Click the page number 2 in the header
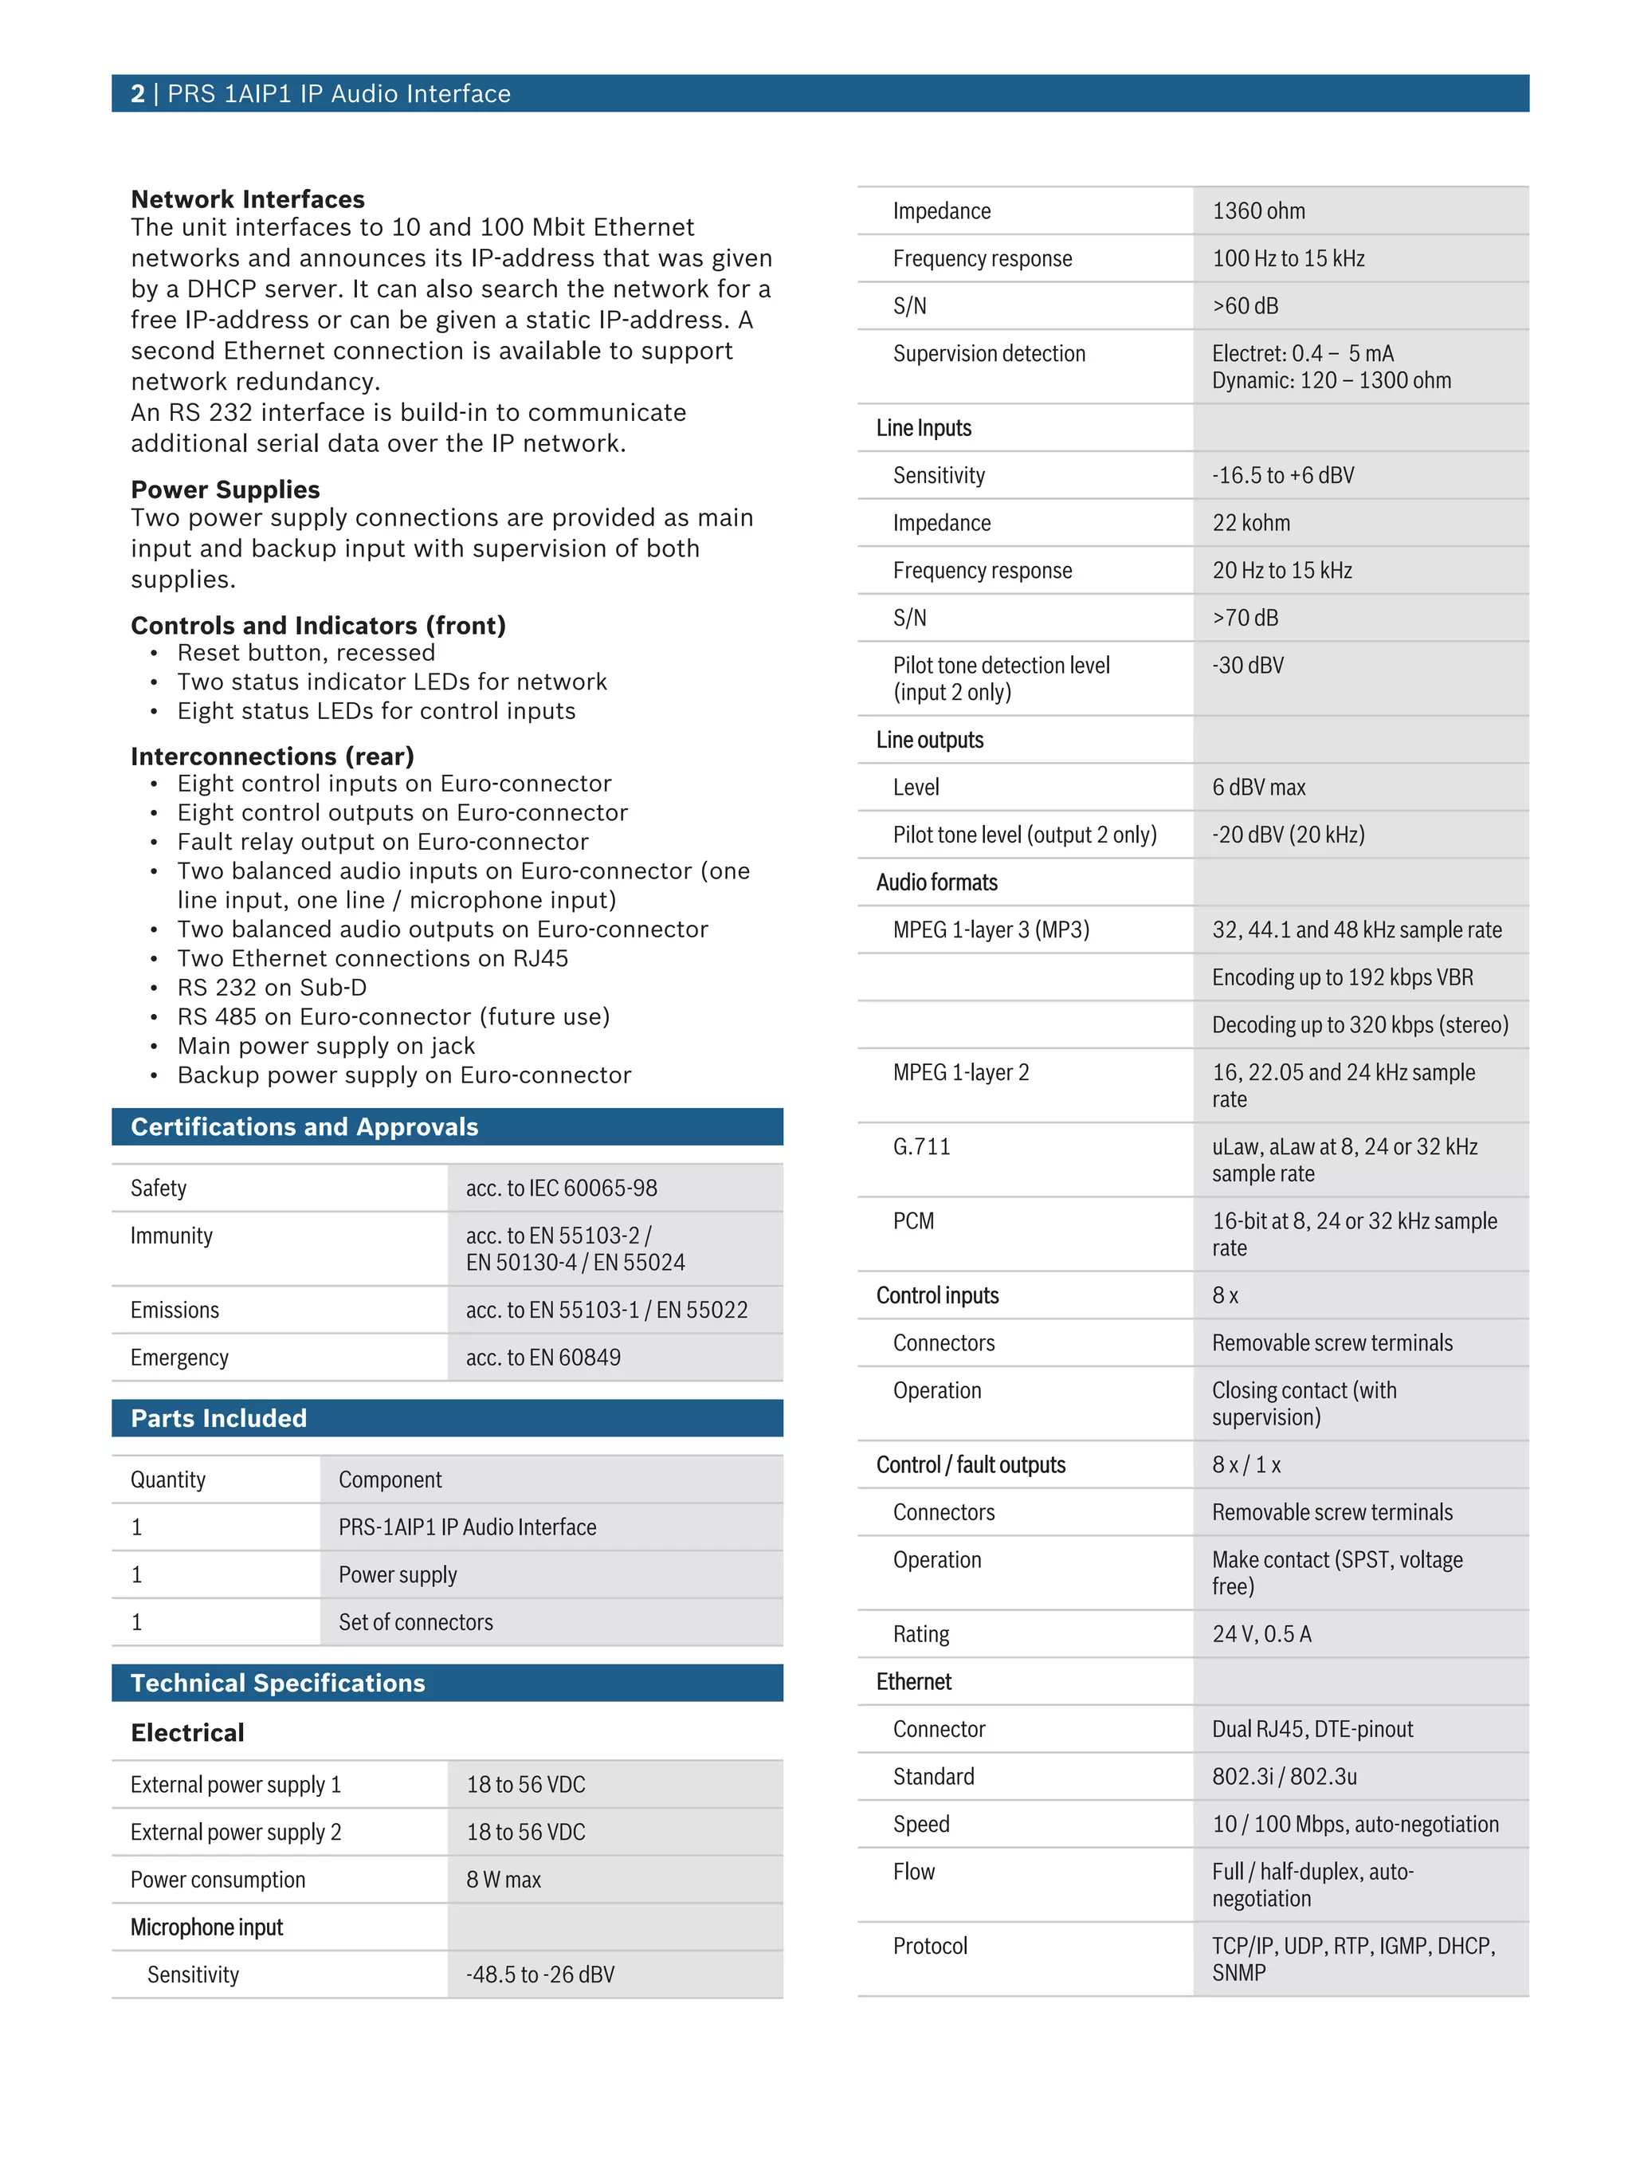click(137, 93)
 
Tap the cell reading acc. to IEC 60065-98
click(561, 1188)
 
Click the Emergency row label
click(179, 1358)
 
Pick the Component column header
click(390, 1479)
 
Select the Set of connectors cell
click(415, 1622)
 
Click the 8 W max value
click(503, 1880)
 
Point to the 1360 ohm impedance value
click(1258, 210)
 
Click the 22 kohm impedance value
click(1250, 523)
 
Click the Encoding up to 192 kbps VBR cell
click(1342, 977)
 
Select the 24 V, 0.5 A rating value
click(1261, 1633)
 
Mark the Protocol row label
click(930, 1946)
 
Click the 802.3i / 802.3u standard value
click(1284, 1777)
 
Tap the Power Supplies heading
click(226, 489)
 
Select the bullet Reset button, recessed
click(306, 653)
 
